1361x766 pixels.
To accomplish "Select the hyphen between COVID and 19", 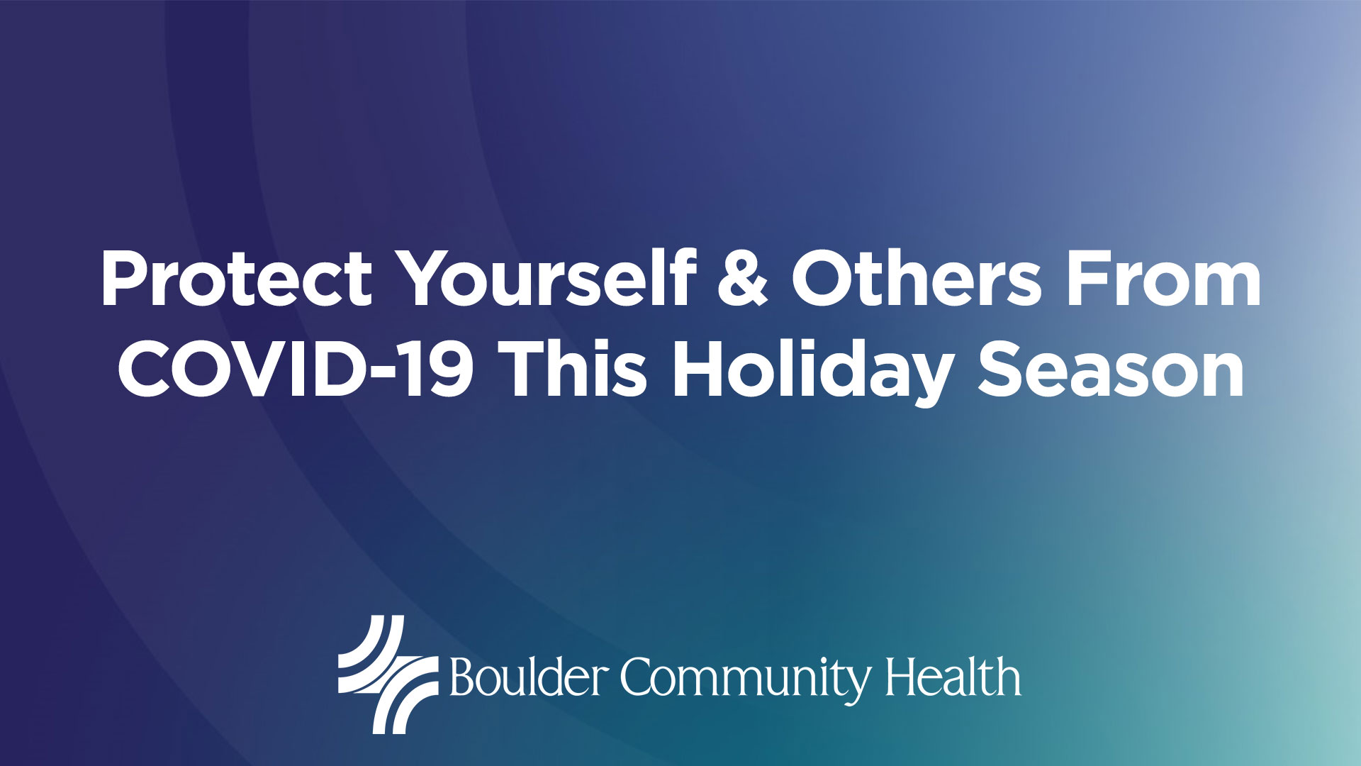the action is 404,375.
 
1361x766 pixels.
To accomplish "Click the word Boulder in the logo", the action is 529,677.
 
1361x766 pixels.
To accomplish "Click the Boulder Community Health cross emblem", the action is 388,674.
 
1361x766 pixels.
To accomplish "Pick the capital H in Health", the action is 902,677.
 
